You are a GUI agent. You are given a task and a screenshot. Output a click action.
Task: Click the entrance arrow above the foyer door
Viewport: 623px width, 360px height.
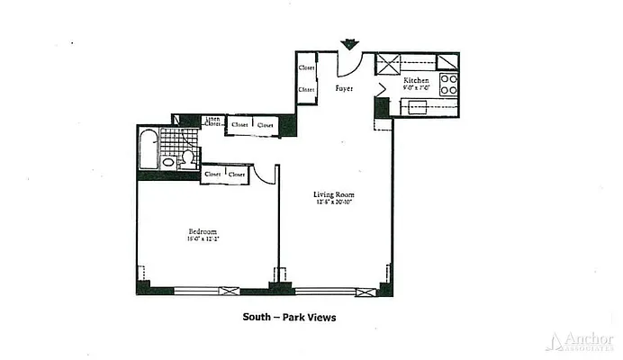point(348,43)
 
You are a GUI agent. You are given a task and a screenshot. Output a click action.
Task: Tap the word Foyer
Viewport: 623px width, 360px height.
point(344,89)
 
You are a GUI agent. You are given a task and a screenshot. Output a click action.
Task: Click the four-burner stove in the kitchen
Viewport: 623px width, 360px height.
point(448,85)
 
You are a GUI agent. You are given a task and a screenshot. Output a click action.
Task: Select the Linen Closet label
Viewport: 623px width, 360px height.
point(213,121)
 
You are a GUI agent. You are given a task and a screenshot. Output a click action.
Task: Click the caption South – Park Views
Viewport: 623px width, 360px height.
point(290,317)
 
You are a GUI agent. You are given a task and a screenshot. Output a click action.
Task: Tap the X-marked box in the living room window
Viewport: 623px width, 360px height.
point(363,291)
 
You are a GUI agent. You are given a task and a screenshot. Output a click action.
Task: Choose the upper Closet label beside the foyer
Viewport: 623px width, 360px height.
point(307,67)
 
